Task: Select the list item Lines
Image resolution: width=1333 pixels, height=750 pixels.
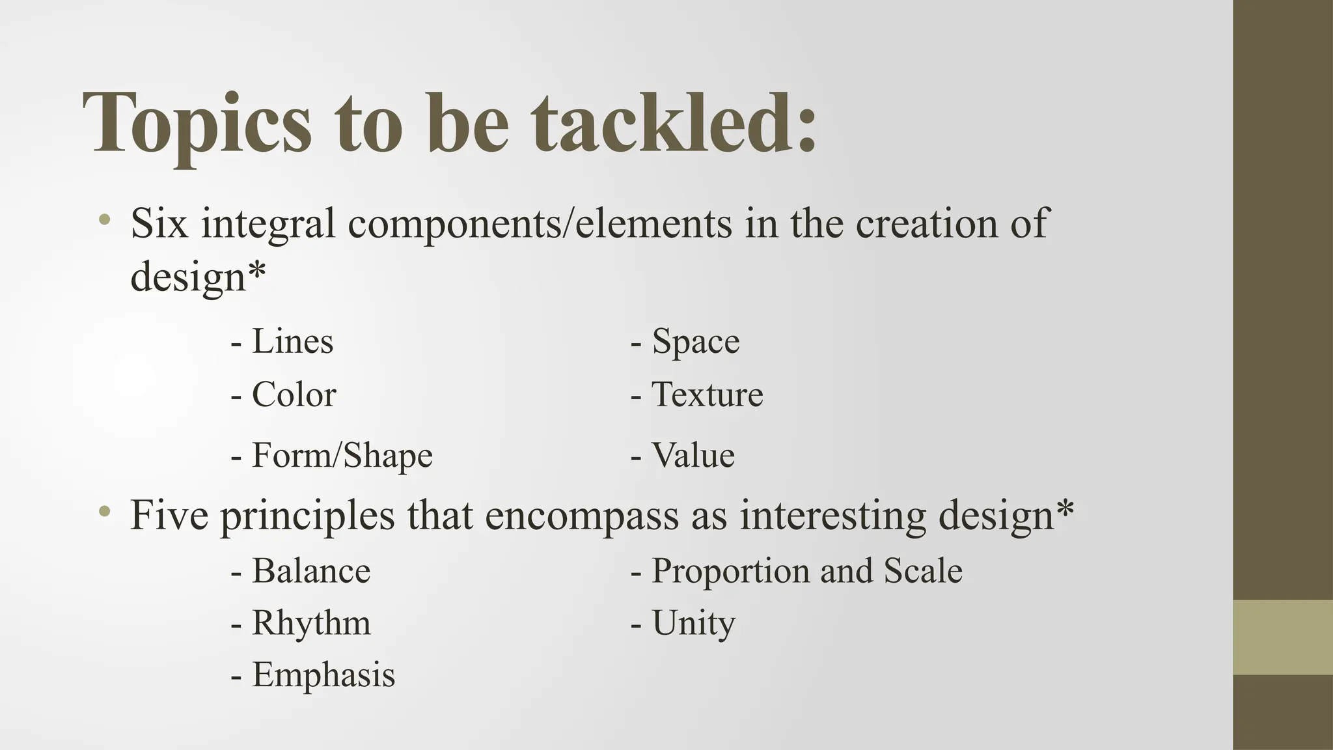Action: pyautogui.click(x=292, y=341)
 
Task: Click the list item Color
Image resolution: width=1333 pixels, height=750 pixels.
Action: pyautogui.click(x=294, y=395)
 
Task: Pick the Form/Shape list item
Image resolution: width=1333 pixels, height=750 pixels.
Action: pyautogui.click(x=342, y=455)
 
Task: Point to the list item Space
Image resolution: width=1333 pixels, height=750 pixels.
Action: pyautogui.click(x=695, y=341)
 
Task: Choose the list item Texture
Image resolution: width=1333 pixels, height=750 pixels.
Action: pyautogui.click(x=707, y=395)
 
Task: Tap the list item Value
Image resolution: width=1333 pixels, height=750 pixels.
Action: pyautogui.click(x=693, y=455)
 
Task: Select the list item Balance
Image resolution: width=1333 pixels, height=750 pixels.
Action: pyautogui.click(x=310, y=571)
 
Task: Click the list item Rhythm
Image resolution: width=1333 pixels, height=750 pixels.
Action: pyautogui.click(x=310, y=623)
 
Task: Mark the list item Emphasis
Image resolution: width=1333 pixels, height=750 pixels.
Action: pyautogui.click(x=323, y=674)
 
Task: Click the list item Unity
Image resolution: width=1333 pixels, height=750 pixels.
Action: pyautogui.click(x=693, y=623)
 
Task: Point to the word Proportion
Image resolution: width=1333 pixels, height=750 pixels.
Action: pyautogui.click(x=731, y=571)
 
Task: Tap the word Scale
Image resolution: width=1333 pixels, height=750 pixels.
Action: pyautogui.click(x=922, y=571)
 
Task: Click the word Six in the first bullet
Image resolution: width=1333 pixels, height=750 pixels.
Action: pyautogui.click(x=159, y=223)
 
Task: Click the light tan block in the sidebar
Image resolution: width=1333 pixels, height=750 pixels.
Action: pyautogui.click(x=1283, y=637)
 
